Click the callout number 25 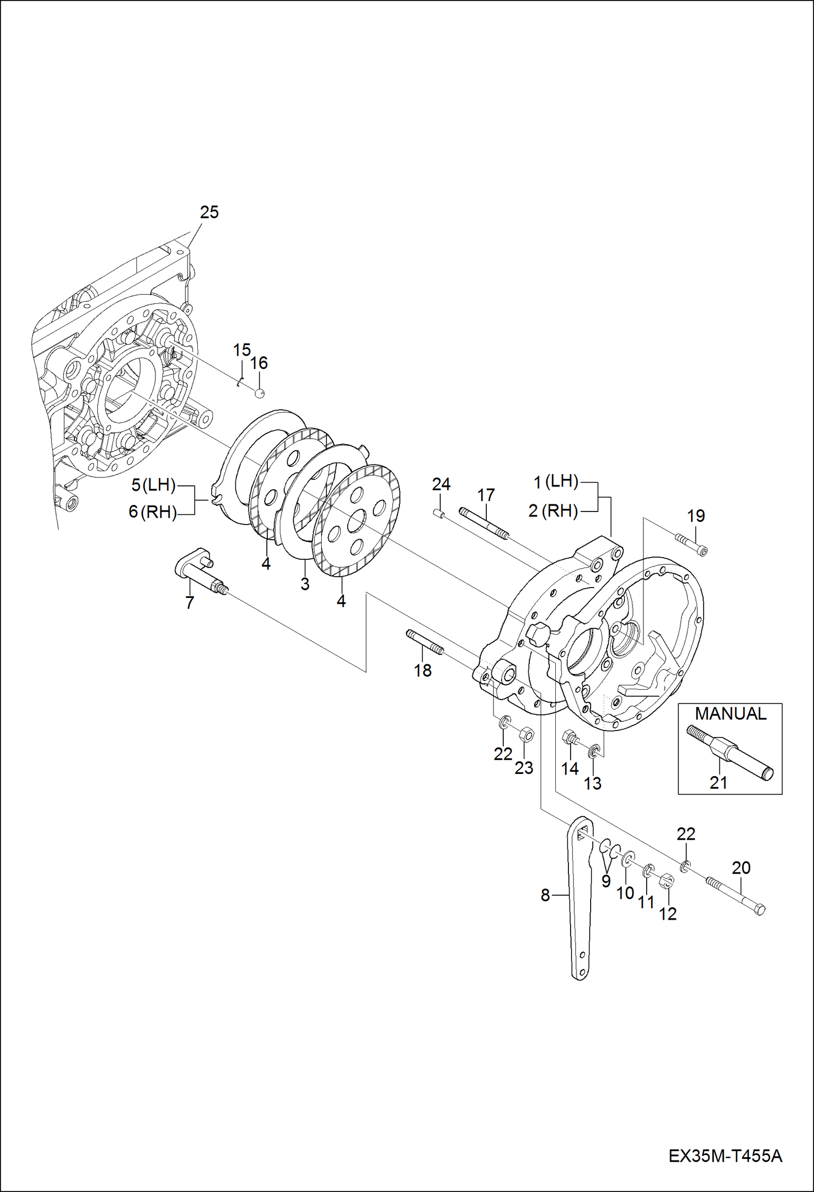point(209,213)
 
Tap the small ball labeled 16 point(260,393)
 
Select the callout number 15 point(242,350)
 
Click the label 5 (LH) point(154,485)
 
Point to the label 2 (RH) point(553,511)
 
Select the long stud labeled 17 point(484,523)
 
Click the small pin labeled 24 point(439,514)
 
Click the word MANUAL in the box point(730,714)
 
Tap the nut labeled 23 point(526,735)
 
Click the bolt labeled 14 point(570,739)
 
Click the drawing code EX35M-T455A point(725,1156)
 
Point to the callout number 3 point(305,584)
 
